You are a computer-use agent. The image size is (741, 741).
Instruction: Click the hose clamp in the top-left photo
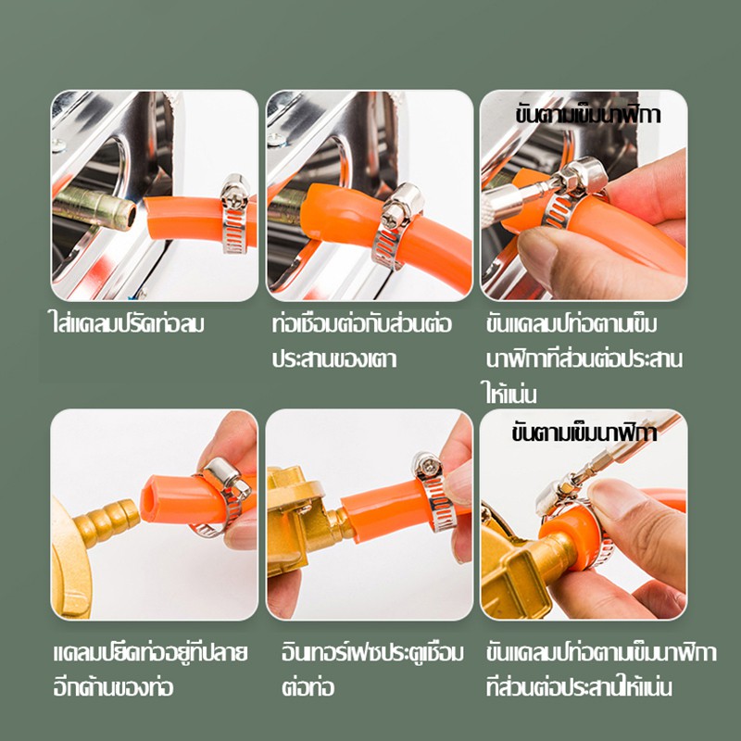(x=235, y=214)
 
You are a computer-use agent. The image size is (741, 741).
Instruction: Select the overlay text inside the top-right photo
(x=587, y=115)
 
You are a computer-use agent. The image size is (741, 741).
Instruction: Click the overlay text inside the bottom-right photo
(x=584, y=433)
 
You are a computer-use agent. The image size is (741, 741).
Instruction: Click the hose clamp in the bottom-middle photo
(x=433, y=492)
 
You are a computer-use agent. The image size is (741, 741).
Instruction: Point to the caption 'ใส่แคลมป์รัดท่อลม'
(x=128, y=324)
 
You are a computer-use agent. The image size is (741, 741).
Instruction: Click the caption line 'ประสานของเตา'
(x=334, y=358)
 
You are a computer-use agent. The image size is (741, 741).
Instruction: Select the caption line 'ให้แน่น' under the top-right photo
(x=509, y=394)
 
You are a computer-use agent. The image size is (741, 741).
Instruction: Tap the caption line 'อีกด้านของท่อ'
(x=113, y=686)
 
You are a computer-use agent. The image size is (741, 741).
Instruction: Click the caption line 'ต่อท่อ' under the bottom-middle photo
(x=308, y=686)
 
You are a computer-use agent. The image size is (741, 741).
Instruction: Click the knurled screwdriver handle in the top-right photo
(x=502, y=204)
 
